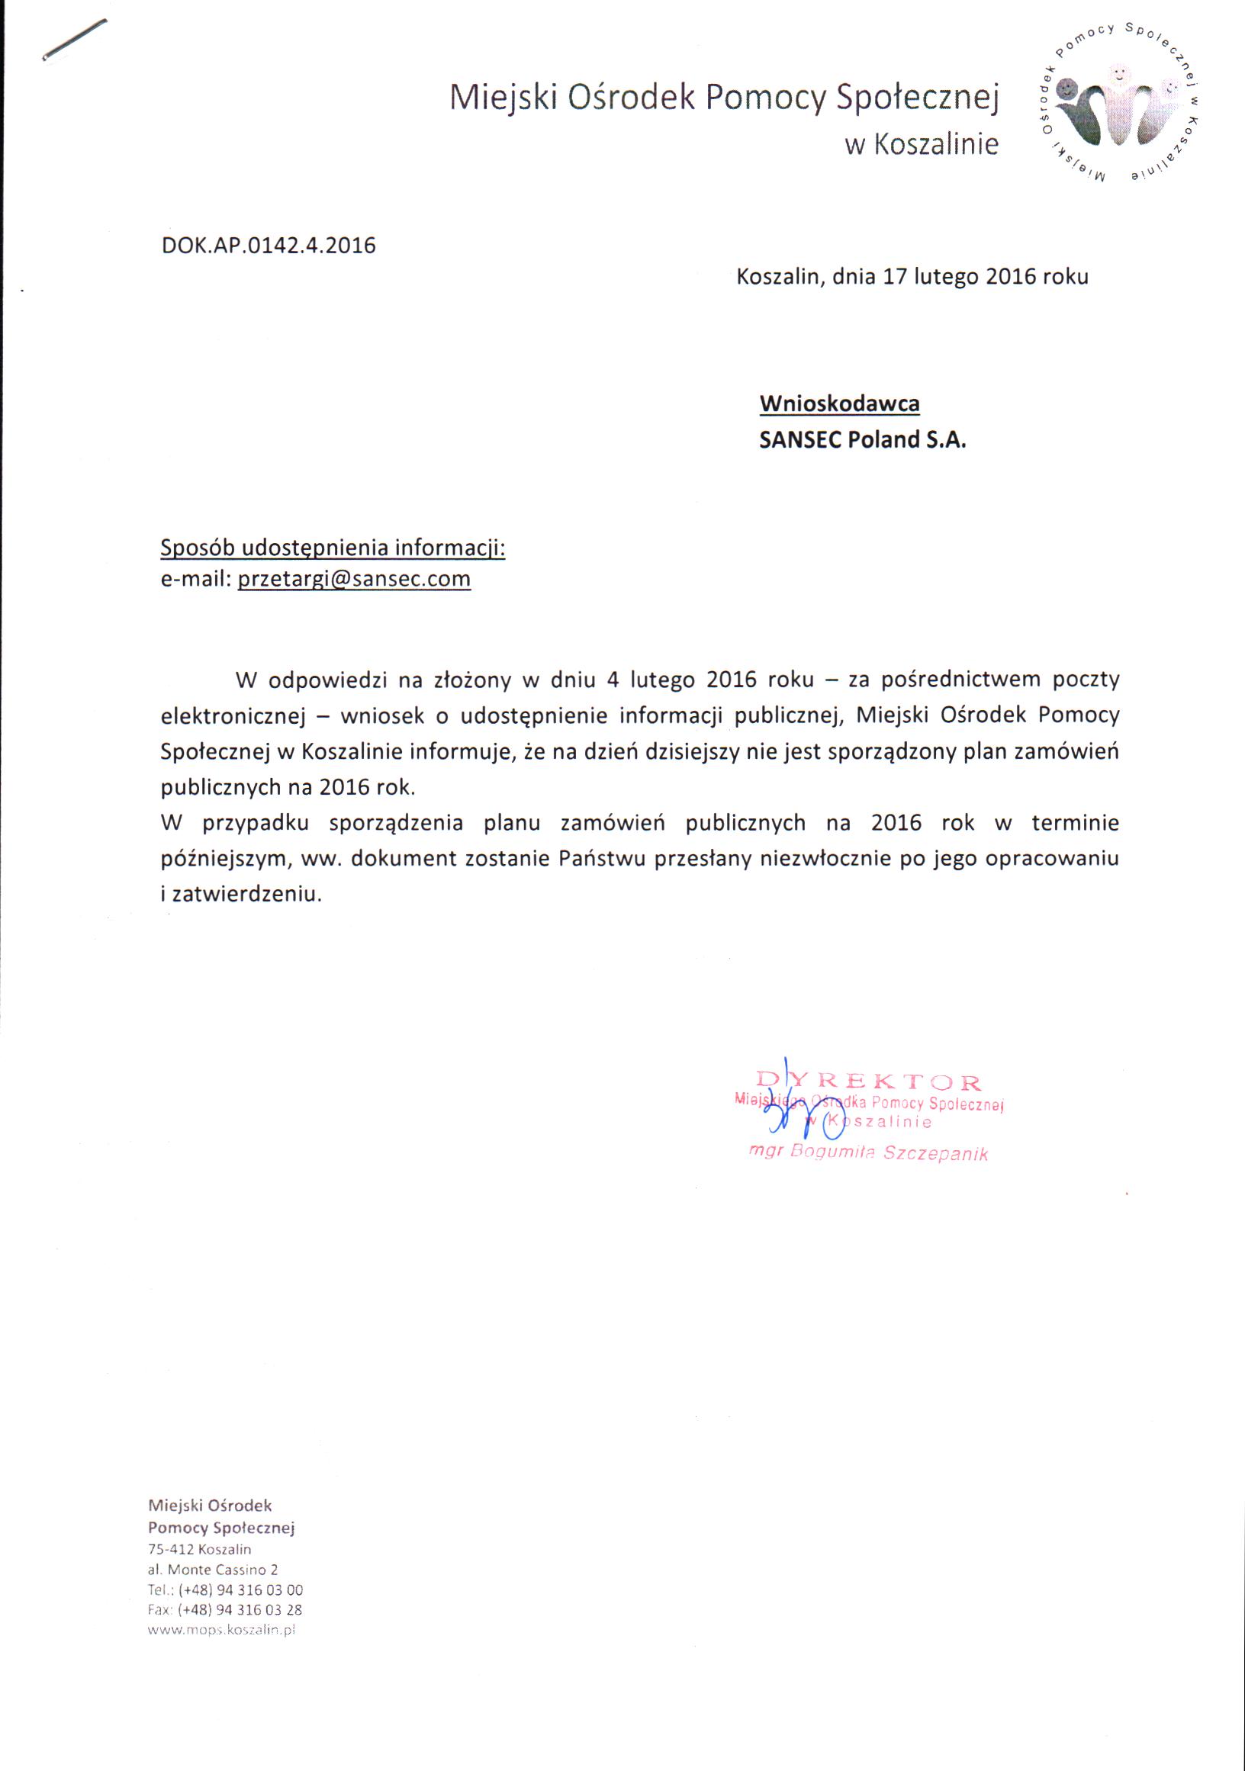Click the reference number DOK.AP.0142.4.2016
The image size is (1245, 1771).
[269, 246]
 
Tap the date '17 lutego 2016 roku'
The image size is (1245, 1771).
[985, 277]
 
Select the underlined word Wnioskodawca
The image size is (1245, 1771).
[839, 403]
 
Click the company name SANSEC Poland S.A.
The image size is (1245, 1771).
[862, 439]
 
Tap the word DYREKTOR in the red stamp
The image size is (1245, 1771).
[869, 1082]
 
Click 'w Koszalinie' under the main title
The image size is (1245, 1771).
[921, 144]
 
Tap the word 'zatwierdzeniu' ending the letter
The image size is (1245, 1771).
[245, 895]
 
